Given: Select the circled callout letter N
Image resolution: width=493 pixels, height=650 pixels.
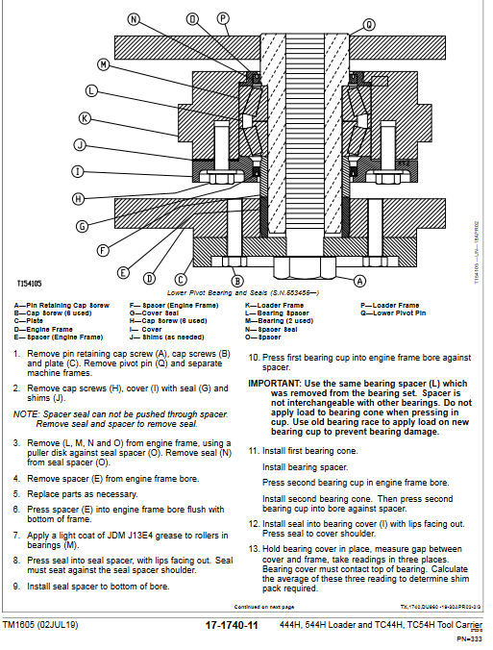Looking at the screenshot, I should (x=134, y=18).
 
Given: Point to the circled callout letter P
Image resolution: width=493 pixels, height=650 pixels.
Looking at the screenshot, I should (x=223, y=17).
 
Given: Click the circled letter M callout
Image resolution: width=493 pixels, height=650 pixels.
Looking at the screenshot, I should (x=103, y=63).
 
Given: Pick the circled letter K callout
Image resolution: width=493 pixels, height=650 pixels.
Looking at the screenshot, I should (x=85, y=118).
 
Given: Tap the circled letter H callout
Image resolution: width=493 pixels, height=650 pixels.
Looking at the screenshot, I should (x=78, y=198).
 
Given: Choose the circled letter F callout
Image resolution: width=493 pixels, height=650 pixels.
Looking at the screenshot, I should (x=102, y=249).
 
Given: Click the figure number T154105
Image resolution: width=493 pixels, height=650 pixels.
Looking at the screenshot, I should (x=30, y=284).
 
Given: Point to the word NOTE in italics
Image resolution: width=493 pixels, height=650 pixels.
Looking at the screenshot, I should (x=24, y=414).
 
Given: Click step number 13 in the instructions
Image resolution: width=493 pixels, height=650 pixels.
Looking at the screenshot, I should (x=254, y=546).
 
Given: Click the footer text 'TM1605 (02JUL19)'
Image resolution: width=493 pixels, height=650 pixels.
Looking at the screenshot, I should (x=47, y=625).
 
